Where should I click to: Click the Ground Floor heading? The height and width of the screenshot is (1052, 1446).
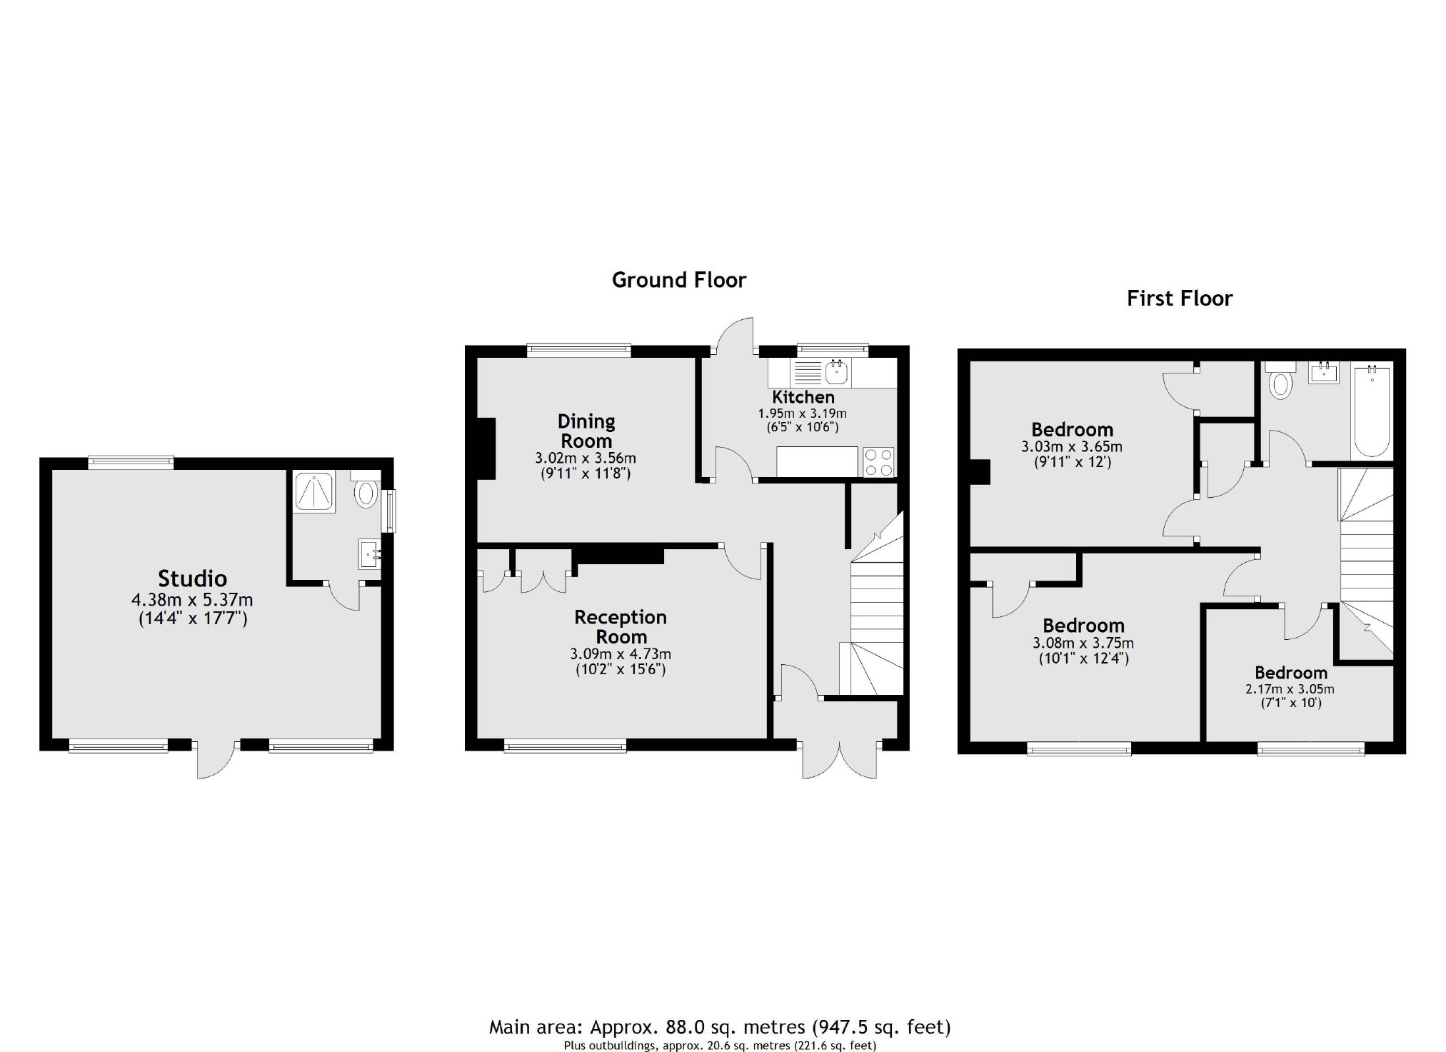678,280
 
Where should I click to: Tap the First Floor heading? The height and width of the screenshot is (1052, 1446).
1179,298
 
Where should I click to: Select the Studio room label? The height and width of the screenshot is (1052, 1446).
192,578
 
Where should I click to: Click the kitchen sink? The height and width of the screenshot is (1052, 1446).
835,371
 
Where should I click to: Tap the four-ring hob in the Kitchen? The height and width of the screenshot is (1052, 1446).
878,461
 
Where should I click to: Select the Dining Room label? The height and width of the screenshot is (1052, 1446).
586,431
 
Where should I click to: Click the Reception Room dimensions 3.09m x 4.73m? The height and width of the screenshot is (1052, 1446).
620,653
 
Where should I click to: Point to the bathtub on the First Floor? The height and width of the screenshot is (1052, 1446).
1371,411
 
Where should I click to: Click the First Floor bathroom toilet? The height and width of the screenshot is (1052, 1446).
1281,383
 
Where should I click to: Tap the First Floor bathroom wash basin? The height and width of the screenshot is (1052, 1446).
1323,372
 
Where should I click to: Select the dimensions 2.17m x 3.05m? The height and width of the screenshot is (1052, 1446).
1290,689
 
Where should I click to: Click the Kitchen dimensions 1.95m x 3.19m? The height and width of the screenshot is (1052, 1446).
802,414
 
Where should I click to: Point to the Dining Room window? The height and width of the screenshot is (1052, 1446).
578,350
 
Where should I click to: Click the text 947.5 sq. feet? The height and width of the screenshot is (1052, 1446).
882,1027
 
